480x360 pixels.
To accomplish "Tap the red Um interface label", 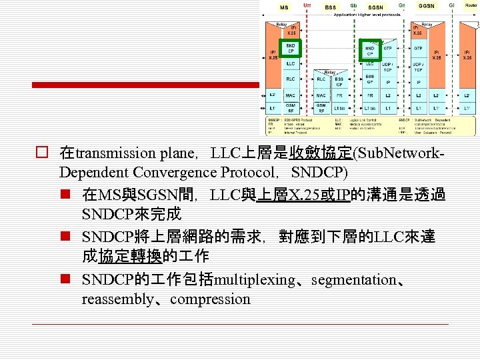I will pyautogui.click(x=307, y=5).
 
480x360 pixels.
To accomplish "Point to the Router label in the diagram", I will pyautogui.click(x=471, y=5).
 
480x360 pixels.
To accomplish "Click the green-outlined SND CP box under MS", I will pyautogui.click(x=291, y=49).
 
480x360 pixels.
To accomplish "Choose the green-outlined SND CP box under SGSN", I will pyautogui.click(x=369, y=49).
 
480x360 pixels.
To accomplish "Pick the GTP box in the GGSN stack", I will pyautogui.click(x=418, y=49).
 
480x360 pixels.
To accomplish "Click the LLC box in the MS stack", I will pyautogui.click(x=291, y=64).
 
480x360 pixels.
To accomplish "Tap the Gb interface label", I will pyautogui.click(x=353, y=5).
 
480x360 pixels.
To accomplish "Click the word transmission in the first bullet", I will pyautogui.click(x=116, y=153).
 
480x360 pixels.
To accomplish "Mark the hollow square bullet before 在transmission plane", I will pyautogui.click(x=41, y=153).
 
